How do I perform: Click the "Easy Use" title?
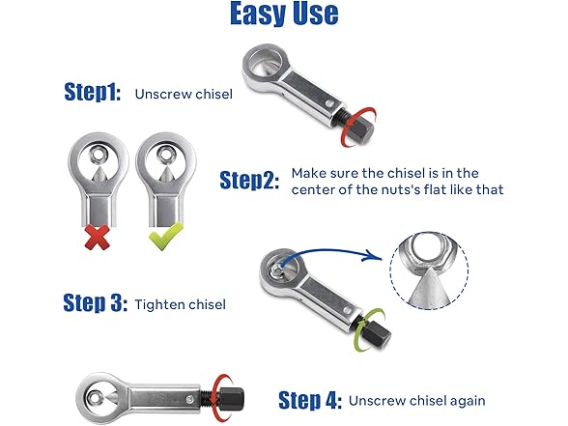[x=284, y=14]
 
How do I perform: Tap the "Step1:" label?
[x=93, y=92]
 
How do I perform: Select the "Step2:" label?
[x=249, y=180]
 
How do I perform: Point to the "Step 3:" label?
[x=96, y=302]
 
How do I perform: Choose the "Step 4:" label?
[x=310, y=400]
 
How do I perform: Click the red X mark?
[x=97, y=238]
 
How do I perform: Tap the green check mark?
[x=166, y=237]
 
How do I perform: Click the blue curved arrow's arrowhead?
[x=375, y=255]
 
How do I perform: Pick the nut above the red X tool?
[x=98, y=156]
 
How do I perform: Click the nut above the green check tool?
[x=166, y=154]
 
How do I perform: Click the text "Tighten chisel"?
[x=181, y=304]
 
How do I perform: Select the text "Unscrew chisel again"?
[x=417, y=401]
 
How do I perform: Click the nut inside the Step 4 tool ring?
[x=95, y=398]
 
